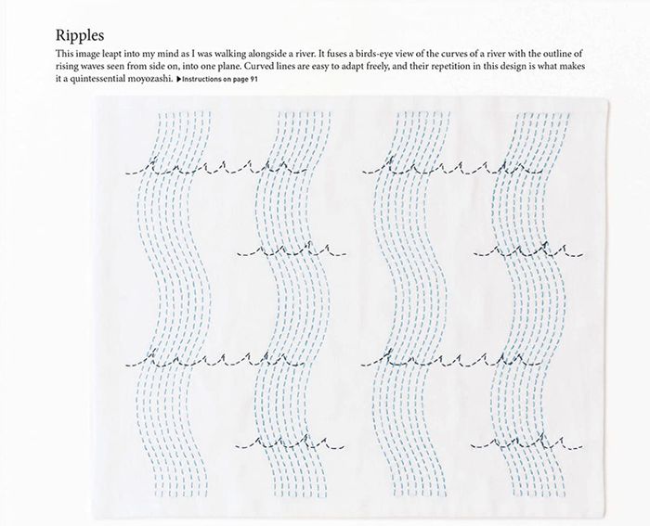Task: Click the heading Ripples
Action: (80, 36)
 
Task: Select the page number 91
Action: (253, 79)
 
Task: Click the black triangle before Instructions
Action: (178, 79)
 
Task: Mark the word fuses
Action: (337, 54)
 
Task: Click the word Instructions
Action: (201, 79)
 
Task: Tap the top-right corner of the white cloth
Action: (607, 98)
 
